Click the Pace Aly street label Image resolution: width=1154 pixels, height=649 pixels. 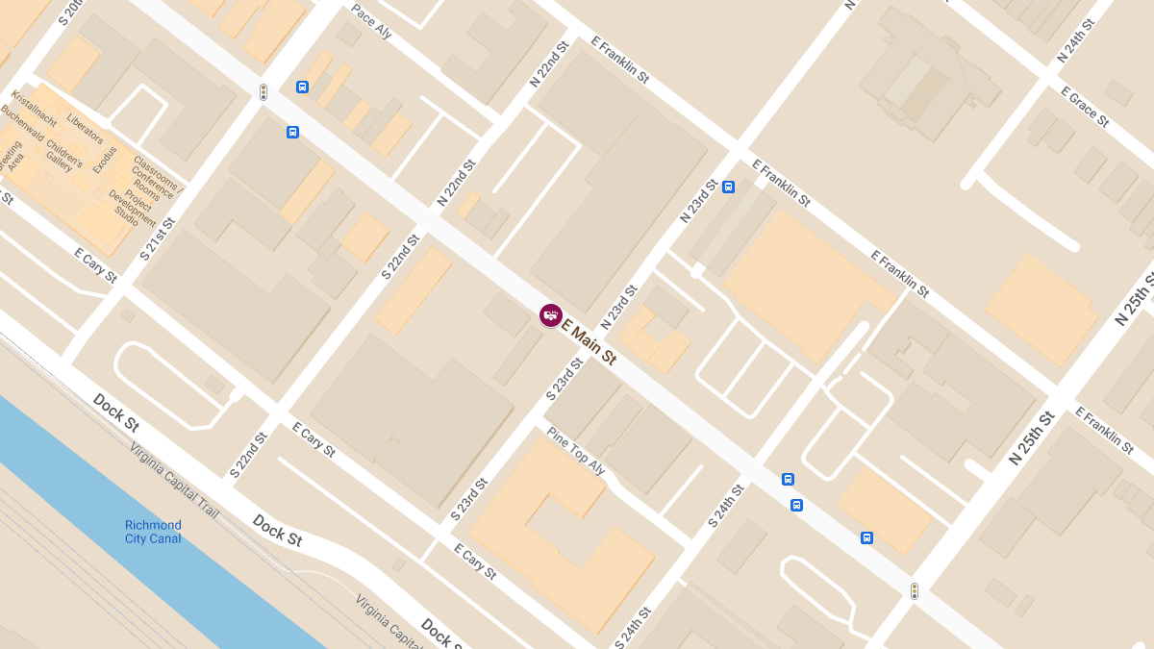pos(371,21)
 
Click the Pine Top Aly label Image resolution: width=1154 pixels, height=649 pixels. pos(575,451)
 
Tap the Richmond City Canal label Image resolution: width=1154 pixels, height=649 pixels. pos(153,532)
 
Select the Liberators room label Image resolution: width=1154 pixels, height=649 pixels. pos(86,128)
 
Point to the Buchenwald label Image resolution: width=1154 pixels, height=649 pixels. pos(25,128)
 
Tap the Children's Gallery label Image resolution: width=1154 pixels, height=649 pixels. pos(62,154)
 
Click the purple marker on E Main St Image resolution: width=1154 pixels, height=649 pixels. pos(550,315)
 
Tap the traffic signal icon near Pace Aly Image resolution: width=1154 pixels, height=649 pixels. pos(263,92)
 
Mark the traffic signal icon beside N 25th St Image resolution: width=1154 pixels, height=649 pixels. pos(914,591)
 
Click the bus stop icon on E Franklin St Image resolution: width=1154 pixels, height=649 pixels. pos(728,187)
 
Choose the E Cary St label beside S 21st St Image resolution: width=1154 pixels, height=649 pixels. pos(95,265)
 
